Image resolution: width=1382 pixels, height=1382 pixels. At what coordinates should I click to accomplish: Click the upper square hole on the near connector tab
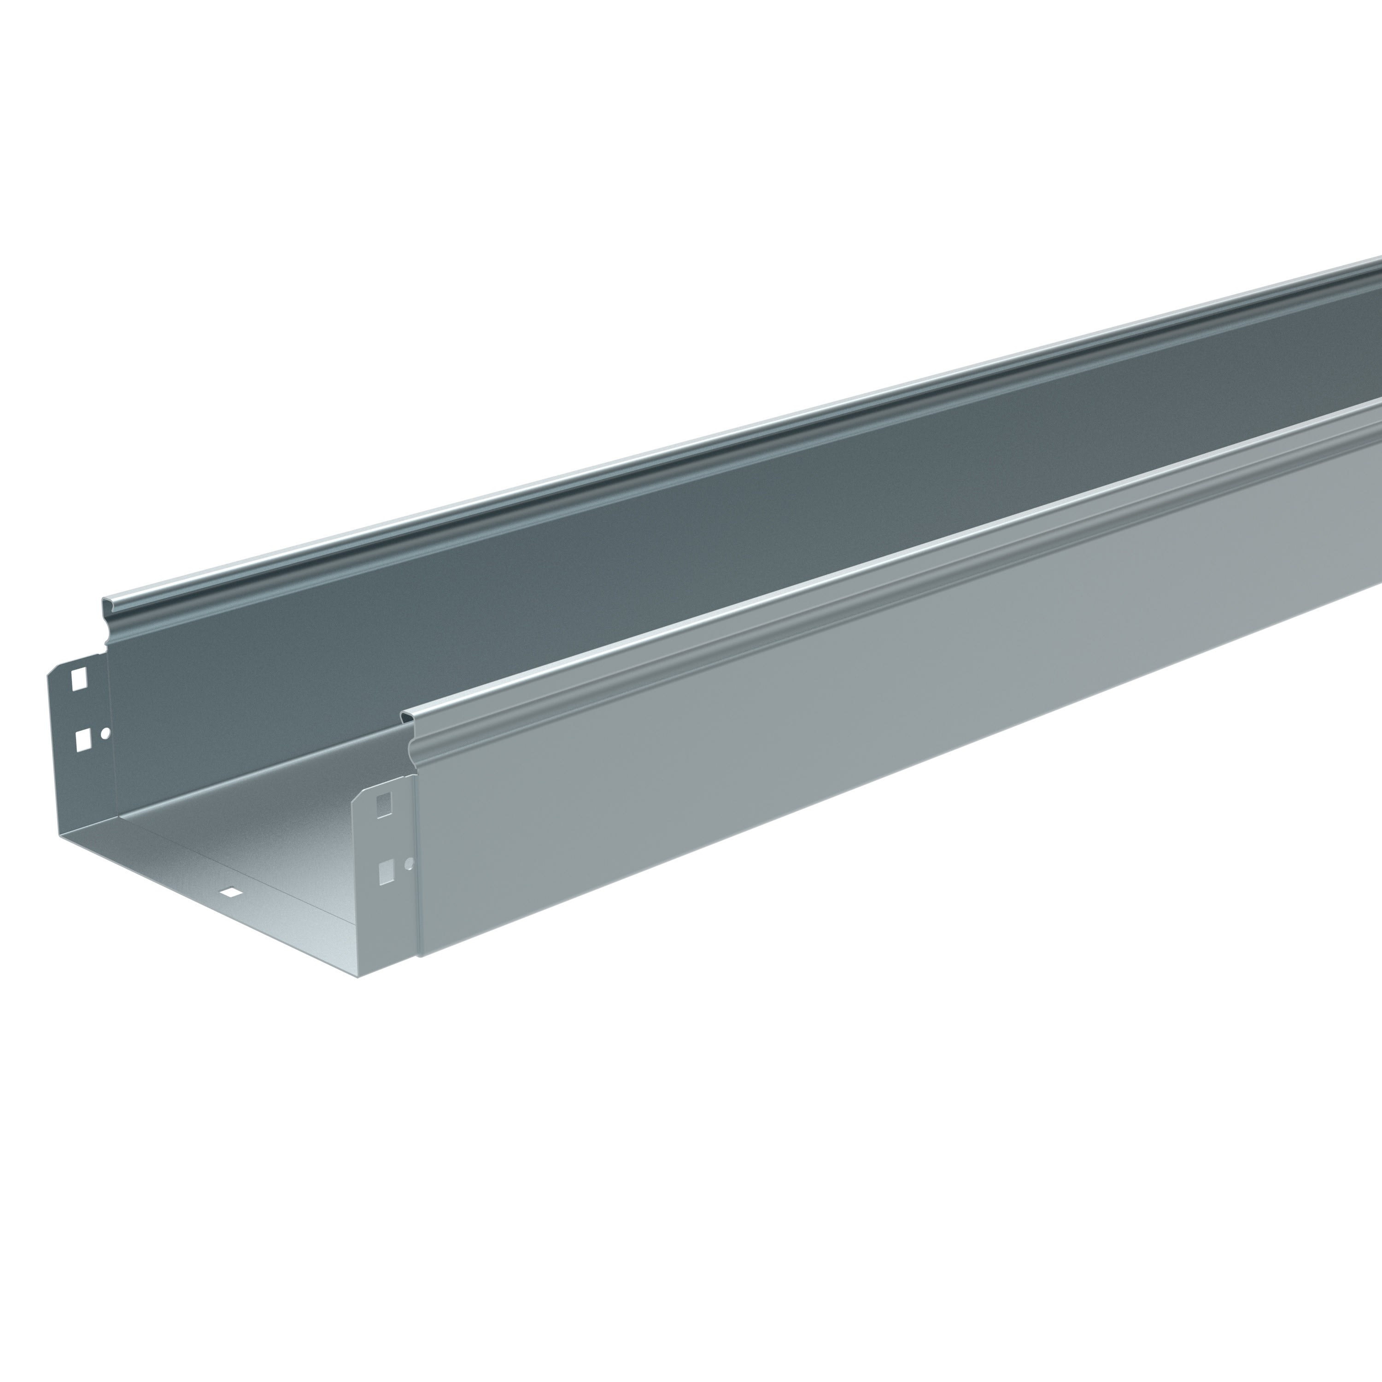[x=384, y=805]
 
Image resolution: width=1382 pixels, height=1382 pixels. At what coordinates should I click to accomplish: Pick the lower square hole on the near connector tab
[x=386, y=872]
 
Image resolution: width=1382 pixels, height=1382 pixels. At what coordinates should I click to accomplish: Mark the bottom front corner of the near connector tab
[x=357, y=976]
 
